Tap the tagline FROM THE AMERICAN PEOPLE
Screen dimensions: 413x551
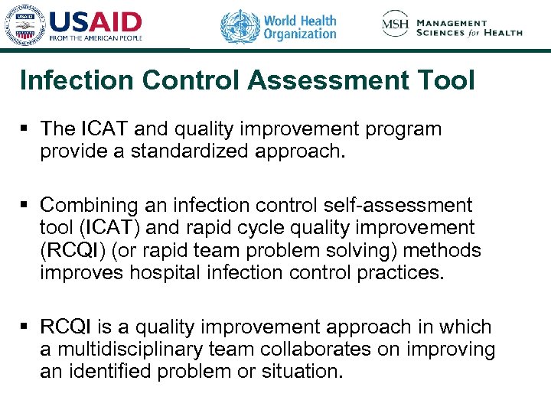tap(96, 38)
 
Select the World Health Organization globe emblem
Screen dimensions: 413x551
tap(240, 26)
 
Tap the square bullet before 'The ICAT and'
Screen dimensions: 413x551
tap(24, 129)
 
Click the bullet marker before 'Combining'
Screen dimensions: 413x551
tap(24, 206)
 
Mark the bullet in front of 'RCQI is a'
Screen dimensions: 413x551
tap(24, 328)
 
